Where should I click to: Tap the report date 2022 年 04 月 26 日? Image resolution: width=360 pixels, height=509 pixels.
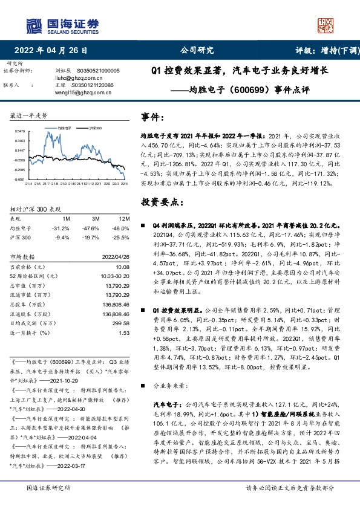click(x=54, y=51)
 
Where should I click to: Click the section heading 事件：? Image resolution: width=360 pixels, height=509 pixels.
click(x=153, y=117)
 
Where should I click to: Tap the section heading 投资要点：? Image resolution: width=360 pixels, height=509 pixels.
click(x=159, y=202)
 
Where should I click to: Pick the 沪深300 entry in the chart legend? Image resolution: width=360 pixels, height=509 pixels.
click(x=94, y=129)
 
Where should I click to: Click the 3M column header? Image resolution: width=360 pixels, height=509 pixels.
click(x=96, y=218)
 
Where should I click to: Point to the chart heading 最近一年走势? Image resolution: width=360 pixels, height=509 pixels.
click(x=28, y=115)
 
